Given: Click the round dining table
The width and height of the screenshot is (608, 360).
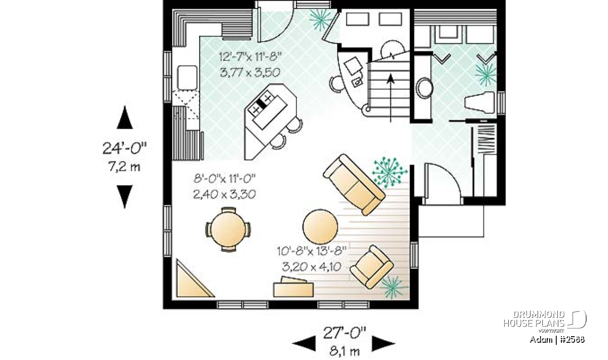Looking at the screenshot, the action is (x=228, y=229).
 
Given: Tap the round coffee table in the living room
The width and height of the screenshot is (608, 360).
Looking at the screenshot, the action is (x=320, y=226).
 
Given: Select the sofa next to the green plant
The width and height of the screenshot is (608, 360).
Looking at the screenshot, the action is (x=354, y=184).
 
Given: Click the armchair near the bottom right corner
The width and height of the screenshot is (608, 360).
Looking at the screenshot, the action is (x=371, y=267).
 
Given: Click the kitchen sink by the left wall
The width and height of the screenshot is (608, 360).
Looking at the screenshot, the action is (x=187, y=77).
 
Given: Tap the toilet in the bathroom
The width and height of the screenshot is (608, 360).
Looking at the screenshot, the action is (x=480, y=102).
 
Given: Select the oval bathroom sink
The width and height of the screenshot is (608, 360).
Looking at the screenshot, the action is (x=424, y=88).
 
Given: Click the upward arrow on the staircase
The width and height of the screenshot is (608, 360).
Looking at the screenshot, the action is (x=391, y=98).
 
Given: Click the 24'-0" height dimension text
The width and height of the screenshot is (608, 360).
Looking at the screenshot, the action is (x=124, y=148).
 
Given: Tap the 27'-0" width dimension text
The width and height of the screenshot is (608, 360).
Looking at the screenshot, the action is (x=344, y=333).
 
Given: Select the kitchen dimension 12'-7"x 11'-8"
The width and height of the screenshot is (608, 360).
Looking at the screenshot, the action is (x=250, y=57).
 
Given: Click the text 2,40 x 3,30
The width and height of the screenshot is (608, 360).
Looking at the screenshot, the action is (x=224, y=194).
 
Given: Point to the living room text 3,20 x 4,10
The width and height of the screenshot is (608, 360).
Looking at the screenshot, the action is (x=312, y=267).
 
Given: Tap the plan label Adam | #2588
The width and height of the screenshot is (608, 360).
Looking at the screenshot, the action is (x=557, y=340).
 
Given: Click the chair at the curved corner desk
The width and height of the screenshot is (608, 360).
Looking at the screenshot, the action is (x=336, y=84).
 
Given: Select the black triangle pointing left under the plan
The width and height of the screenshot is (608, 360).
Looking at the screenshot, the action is (x=304, y=343).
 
